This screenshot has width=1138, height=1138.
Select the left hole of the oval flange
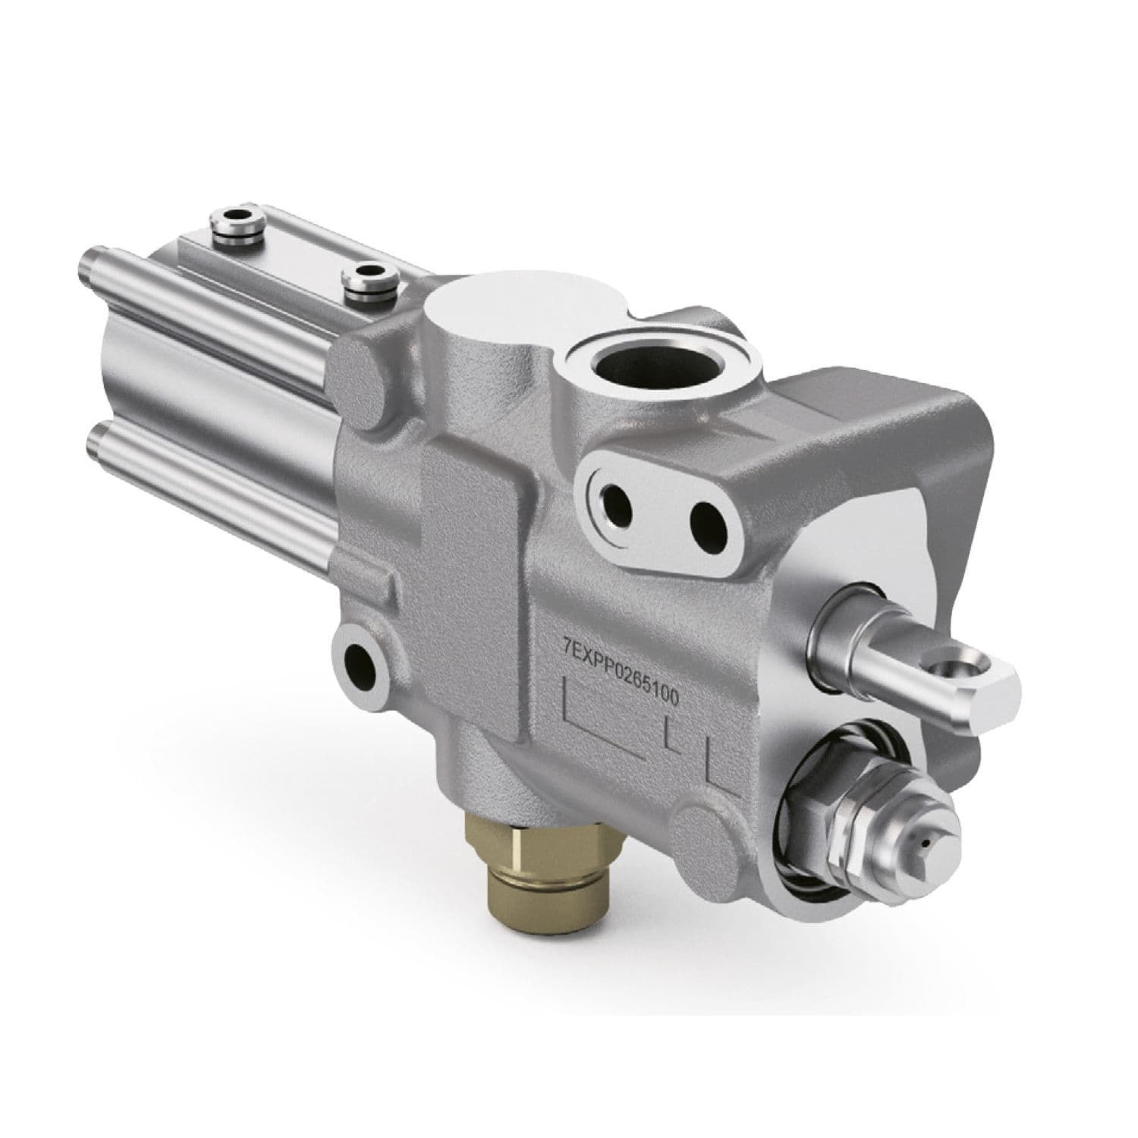pyautogui.click(x=612, y=501)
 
